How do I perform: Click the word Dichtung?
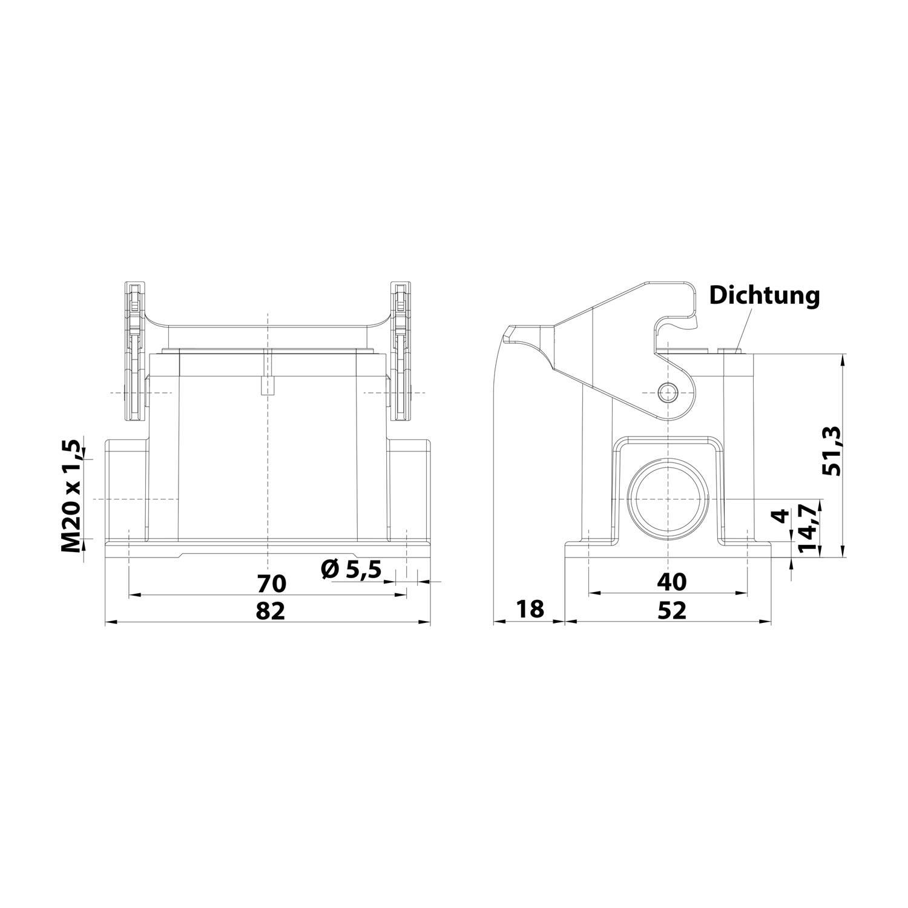765,296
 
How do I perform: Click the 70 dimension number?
271,584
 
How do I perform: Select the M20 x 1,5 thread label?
72,496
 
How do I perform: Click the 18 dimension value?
530,609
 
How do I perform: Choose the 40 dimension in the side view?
671,582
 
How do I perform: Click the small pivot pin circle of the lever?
667,392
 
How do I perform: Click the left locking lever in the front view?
134,351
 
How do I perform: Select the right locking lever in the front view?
400,351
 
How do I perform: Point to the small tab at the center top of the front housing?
267,386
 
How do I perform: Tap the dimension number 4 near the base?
781,516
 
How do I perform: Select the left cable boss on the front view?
126,490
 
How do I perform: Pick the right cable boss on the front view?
409,490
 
